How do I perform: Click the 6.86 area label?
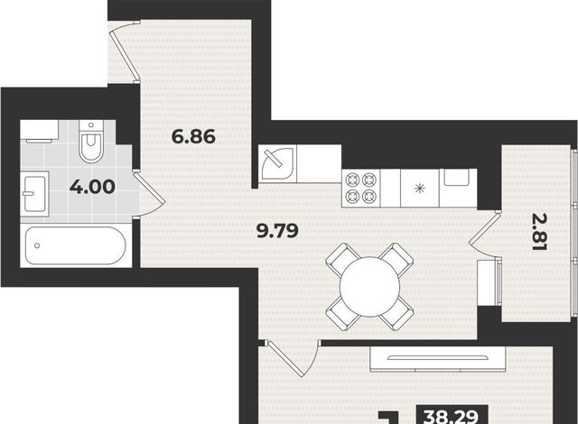(x=193, y=136)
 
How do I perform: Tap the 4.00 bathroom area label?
(x=92, y=187)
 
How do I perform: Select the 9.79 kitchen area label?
(x=277, y=231)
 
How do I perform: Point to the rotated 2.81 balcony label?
(x=538, y=232)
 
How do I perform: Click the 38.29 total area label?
(x=452, y=417)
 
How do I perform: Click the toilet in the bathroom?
(x=91, y=142)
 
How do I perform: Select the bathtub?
(x=76, y=245)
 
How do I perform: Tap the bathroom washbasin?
(x=34, y=194)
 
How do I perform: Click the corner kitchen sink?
(x=278, y=164)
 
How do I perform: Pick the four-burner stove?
(x=361, y=189)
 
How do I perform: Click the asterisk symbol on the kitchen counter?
(x=419, y=189)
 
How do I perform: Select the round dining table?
(x=369, y=286)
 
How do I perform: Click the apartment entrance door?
(x=125, y=51)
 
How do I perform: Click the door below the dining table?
(x=291, y=359)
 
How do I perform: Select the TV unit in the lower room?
(x=437, y=359)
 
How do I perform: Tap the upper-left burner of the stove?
(x=353, y=180)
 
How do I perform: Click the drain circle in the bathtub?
(x=37, y=245)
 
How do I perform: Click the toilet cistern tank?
(x=91, y=126)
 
